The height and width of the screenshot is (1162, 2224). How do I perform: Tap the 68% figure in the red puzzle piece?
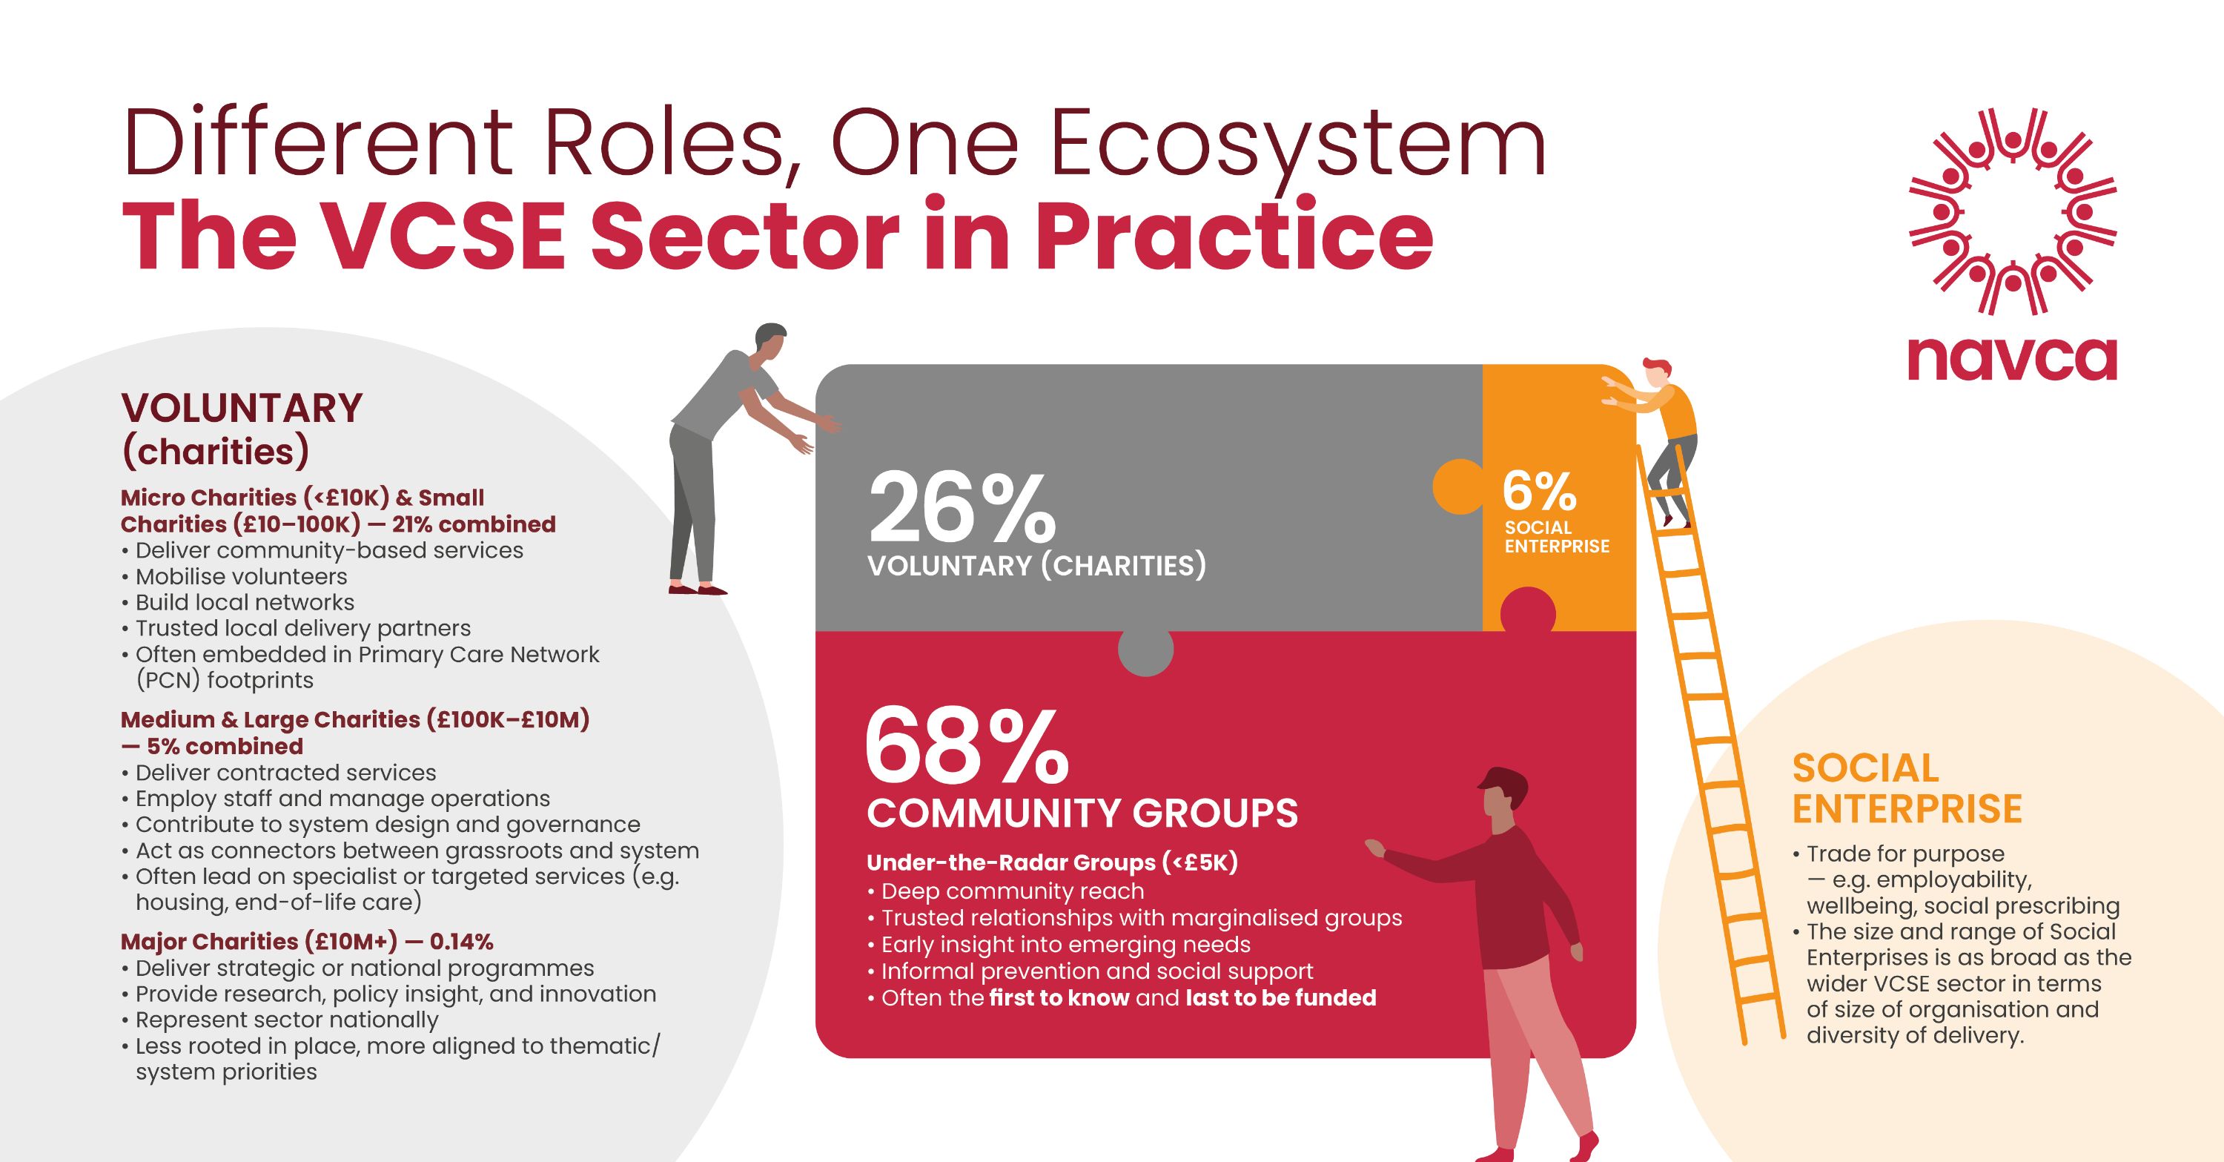[x=966, y=745]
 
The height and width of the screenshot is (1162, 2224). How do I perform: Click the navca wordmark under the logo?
[x=2012, y=359]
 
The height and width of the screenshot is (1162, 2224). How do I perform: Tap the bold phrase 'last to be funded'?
[x=1281, y=998]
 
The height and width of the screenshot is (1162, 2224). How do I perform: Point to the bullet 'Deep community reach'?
[x=1006, y=891]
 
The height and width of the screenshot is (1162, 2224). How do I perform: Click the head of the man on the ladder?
[x=1656, y=373]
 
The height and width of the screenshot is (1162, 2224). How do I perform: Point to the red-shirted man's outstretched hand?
[x=1374, y=847]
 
